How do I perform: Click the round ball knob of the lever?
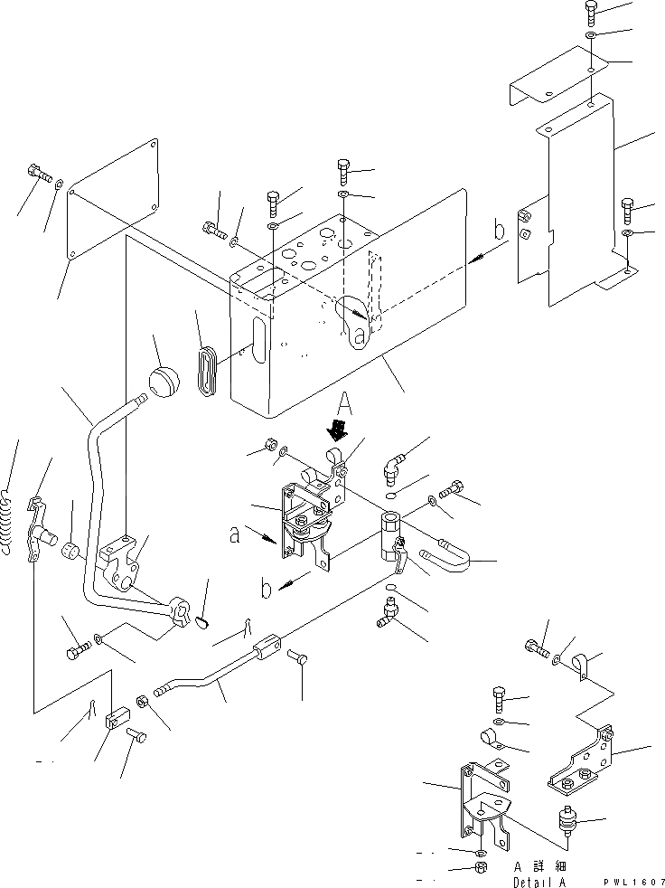165,381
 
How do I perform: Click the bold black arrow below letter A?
339,427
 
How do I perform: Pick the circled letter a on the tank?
359,336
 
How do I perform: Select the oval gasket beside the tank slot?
207,365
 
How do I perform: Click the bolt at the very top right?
591,12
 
